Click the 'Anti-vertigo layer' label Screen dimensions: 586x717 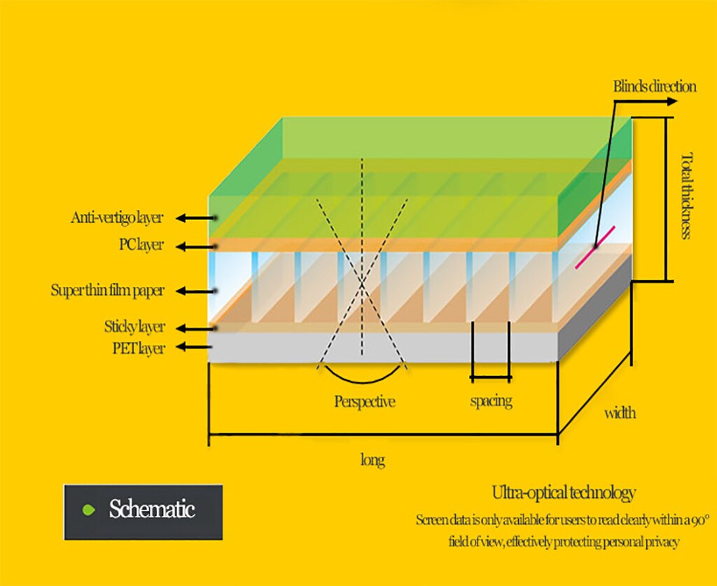tap(117, 218)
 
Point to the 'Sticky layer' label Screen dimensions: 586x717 tap(134, 327)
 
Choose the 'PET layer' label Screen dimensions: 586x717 tap(139, 347)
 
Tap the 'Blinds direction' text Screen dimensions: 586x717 tap(655, 87)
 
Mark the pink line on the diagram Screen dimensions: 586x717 tap(595, 247)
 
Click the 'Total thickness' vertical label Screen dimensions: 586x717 tap(685, 196)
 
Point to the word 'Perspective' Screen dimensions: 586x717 tap(364, 402)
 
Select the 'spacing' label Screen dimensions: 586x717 tap(490, 401)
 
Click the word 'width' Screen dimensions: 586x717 tap(620, 413)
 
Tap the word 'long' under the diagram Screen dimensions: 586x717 tap(373, 460)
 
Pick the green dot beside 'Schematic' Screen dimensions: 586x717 tap(88, 509)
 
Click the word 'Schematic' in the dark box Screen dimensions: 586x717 tap(151, 509)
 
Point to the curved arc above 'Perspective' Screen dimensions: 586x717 tap(362, 381)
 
